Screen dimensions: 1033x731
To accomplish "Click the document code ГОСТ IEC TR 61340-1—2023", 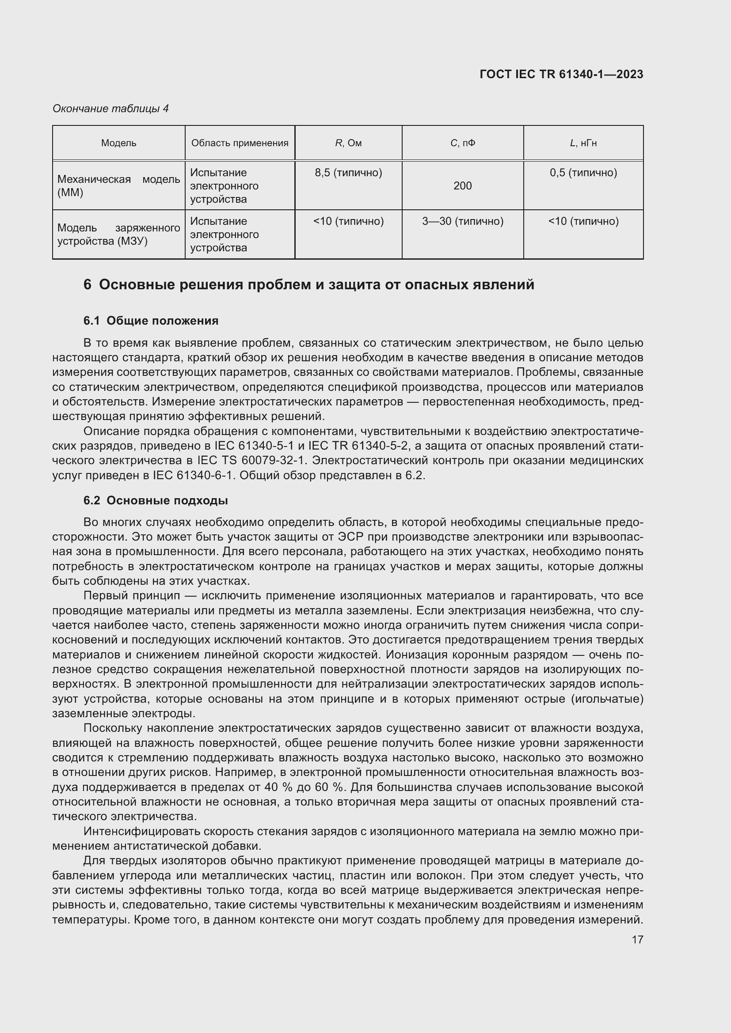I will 561,74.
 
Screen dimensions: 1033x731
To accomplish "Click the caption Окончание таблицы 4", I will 110,109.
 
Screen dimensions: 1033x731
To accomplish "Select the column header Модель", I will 118,143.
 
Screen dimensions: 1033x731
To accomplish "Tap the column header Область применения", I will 240,143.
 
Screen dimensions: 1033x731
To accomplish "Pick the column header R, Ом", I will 348,143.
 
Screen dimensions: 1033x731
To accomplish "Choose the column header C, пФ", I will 462,143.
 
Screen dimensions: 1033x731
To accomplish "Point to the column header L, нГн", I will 583,143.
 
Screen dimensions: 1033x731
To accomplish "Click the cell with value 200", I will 462,186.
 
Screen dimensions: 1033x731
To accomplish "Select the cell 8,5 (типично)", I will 348,173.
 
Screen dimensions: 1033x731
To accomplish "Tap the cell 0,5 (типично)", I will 583,173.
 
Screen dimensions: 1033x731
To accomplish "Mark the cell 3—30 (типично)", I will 462,221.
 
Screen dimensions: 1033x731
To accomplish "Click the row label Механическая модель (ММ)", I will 118,186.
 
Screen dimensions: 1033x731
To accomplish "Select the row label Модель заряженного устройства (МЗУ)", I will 118,235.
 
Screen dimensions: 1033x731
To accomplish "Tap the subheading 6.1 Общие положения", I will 151,321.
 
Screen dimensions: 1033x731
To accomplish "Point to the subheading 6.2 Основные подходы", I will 155,500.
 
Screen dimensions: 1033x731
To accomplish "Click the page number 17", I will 637,939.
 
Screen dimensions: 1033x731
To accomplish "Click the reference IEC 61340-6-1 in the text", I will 194,476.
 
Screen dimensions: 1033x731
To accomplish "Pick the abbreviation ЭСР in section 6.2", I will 347,537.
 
